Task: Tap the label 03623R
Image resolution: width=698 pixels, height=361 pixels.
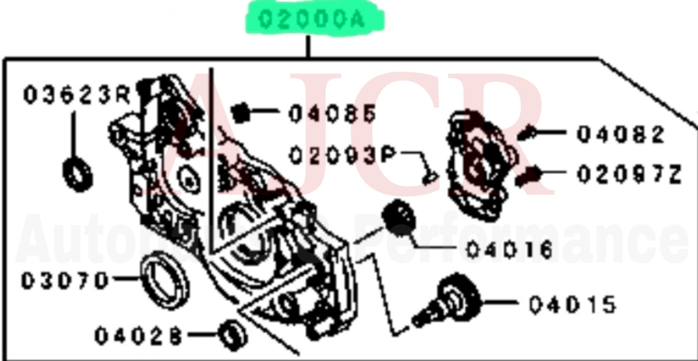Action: pyautogui.click(x=76, y=96)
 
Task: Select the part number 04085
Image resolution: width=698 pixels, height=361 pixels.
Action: pyautogui.click(x=332, y=114)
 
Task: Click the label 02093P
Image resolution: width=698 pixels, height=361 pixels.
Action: pyautogui.click(x=342, y=156)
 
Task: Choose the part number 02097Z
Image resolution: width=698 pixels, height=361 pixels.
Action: pyautogui.click(x=628, y=174)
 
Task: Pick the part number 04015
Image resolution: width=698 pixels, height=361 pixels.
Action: pyautogui.click(x=572, y=305)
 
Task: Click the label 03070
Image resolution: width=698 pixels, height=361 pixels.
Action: pyautogui.click(x=64, y=281)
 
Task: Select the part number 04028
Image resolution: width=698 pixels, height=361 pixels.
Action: pyautogui.click(x=137, y=336)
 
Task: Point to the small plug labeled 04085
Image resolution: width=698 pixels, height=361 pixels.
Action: pyautogui.click(x=240, y=114)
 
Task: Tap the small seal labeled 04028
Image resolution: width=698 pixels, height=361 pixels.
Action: pyautogui.click(x=232, y=334)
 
